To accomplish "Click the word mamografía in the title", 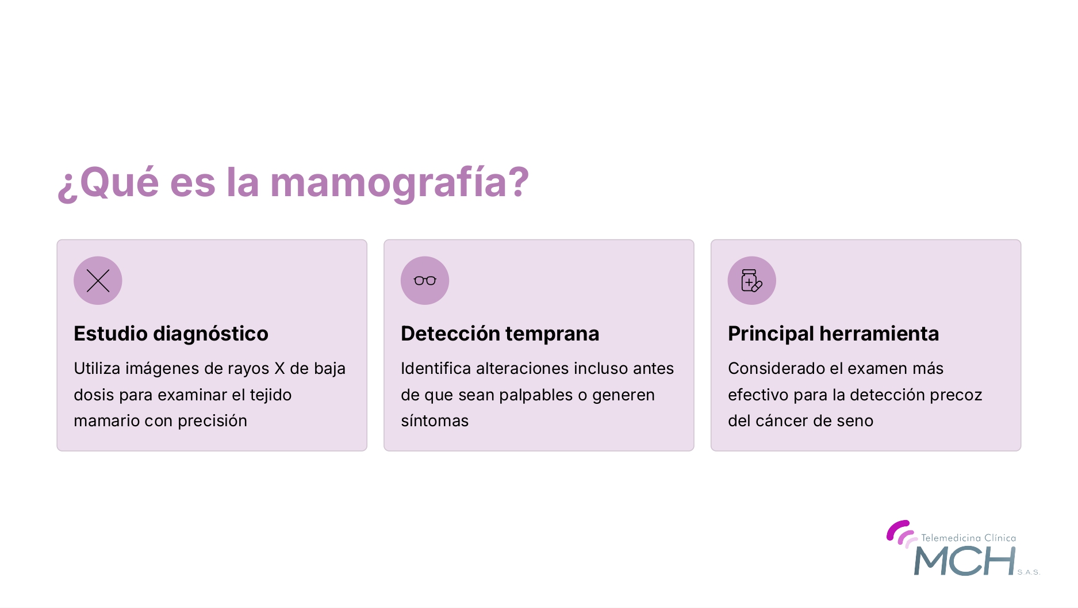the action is (x=399, y=183).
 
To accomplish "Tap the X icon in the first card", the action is (x=98, y=281).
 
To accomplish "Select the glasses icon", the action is (x=425, y=281).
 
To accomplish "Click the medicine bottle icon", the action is (x=751, y=281).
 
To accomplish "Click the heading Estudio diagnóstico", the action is (x=171, y=334).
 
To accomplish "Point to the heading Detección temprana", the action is (x=500, y=334).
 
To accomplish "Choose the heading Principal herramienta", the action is (x=833, y=334).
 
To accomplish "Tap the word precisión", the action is (x=212, y=421).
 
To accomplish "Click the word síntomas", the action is (x=435, y=421).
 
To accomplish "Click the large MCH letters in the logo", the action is (x=965, y=561).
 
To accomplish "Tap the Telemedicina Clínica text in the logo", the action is (x=968, y=538).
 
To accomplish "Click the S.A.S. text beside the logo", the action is (x=1029, y=572).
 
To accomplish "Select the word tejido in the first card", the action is (x=270, y=395).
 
